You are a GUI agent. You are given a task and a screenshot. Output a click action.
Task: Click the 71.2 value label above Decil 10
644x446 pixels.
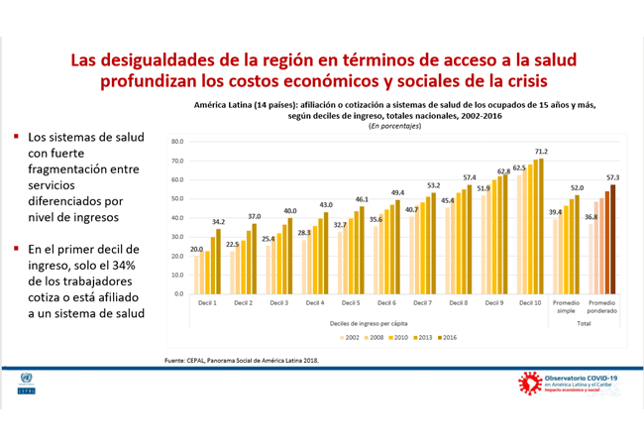(541, 152)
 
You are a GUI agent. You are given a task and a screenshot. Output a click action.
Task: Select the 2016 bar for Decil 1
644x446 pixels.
(218, 262)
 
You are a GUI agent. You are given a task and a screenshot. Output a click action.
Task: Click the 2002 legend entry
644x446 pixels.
(349, 338)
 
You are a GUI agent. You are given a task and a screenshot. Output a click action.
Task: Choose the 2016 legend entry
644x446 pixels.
(447, 338)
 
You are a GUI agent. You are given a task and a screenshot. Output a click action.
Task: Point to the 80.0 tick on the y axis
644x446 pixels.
(177, 142)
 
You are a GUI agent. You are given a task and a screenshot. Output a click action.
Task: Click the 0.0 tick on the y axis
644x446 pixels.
(179, 294)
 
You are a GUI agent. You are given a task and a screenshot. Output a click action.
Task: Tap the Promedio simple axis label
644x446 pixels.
(565, 309)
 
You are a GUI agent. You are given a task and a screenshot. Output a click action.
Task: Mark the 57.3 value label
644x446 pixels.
(612, 177)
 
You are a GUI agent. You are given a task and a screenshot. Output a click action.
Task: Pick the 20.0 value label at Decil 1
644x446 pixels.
(196, 249)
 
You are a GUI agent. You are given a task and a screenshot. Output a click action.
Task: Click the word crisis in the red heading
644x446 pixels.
(512, 79)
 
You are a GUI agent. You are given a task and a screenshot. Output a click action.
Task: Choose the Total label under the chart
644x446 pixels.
(584, 323)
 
